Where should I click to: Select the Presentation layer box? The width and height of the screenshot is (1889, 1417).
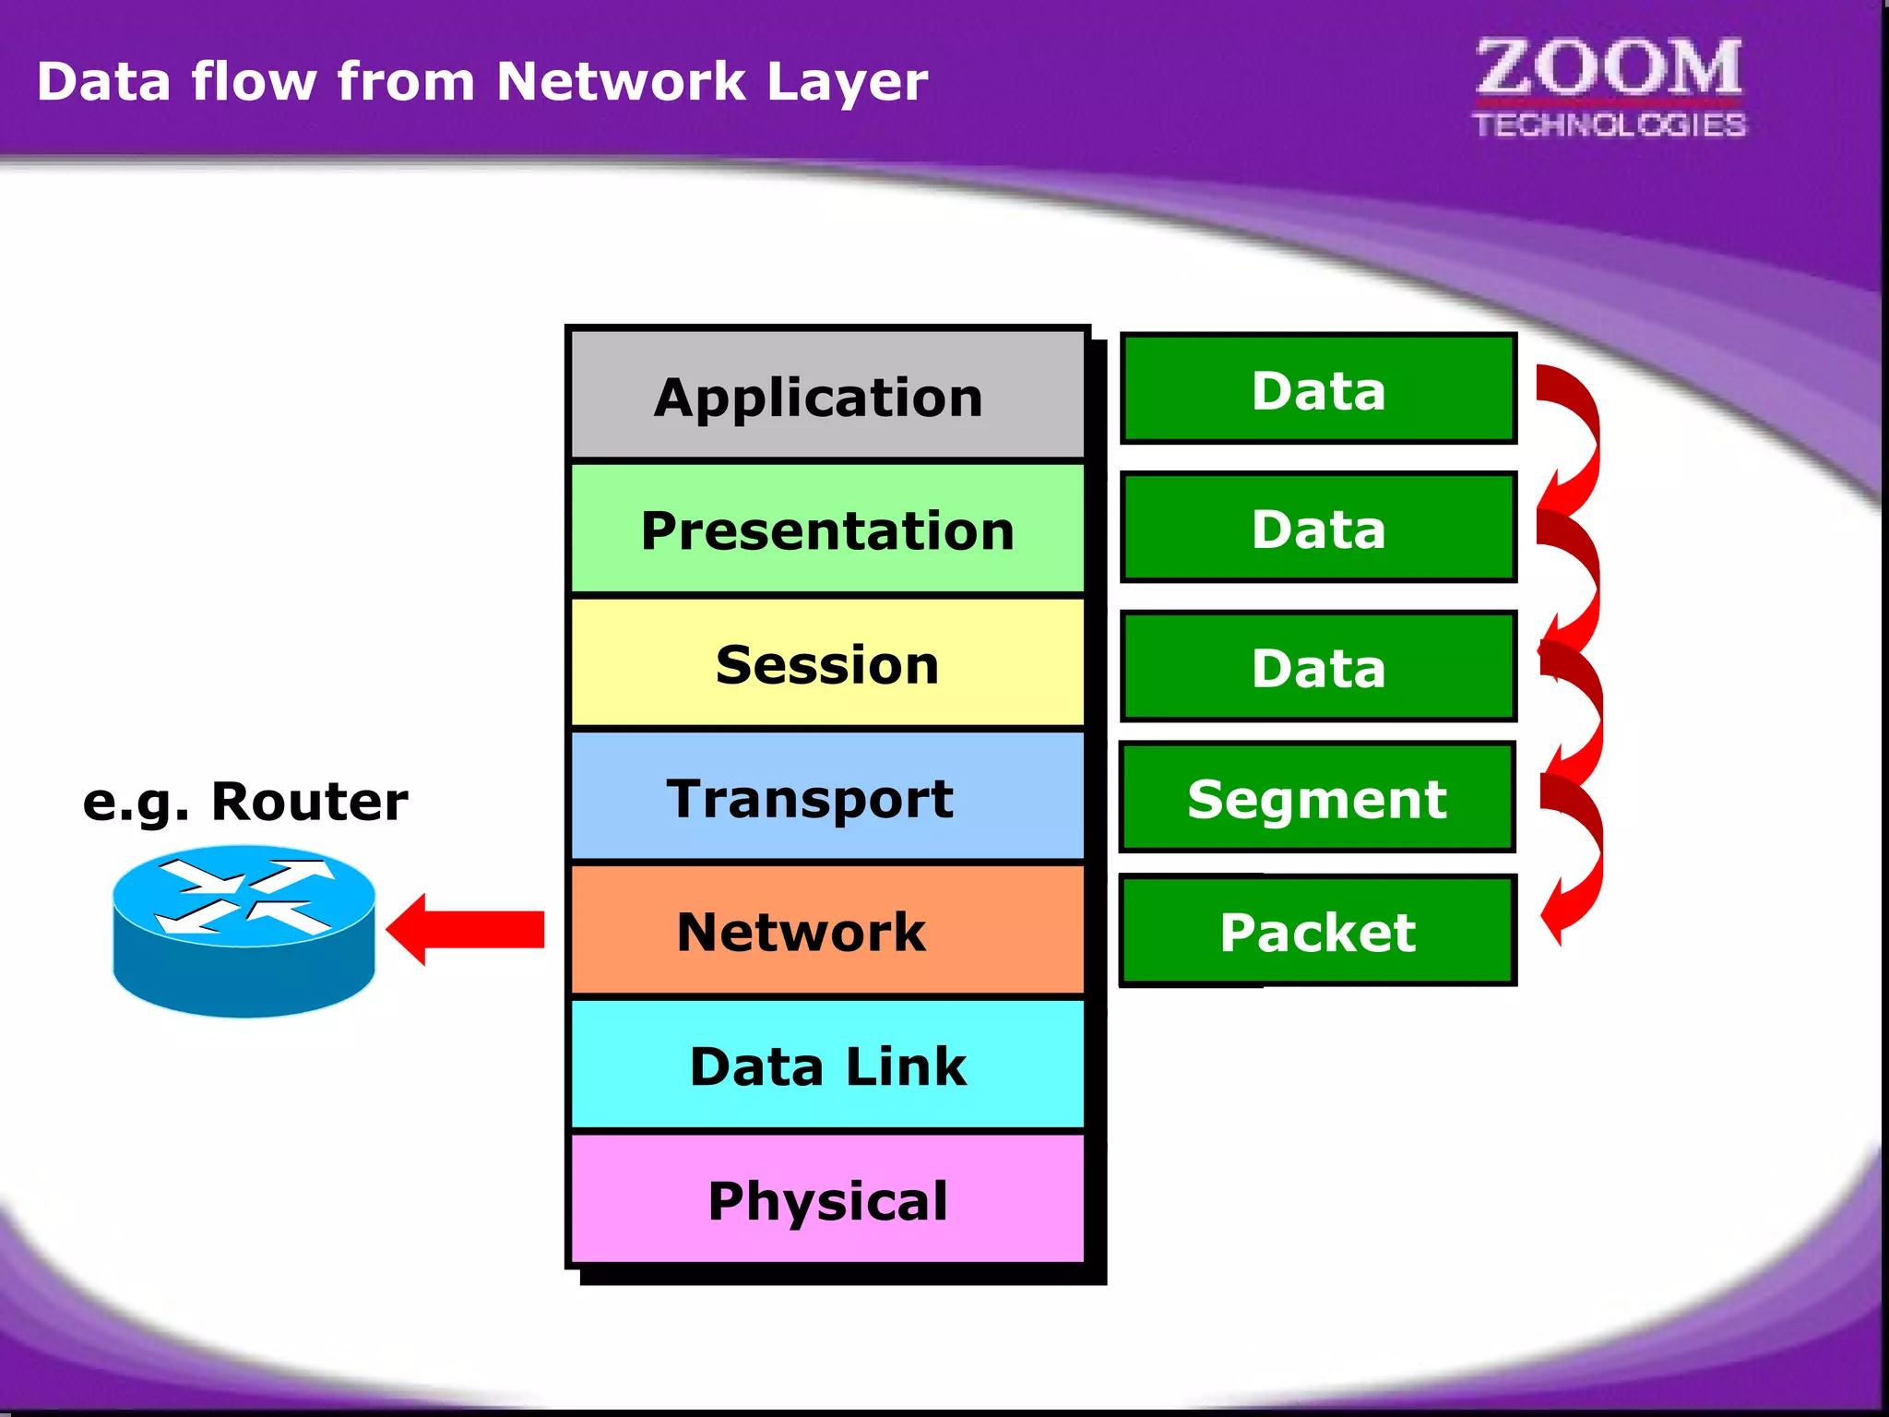(x=827, y=530)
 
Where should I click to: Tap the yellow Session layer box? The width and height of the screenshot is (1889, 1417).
(x=827, y=663)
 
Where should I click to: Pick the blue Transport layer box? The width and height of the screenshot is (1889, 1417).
(x=827, y=797)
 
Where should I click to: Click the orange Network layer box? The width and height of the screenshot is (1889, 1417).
(x=827, y=931)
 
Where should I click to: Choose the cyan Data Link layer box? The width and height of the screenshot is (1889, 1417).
(x=827, y=1066)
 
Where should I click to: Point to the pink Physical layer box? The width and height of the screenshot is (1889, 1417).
(x=827, y=1199)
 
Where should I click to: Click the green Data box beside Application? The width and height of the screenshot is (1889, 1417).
(x=1318, y=389)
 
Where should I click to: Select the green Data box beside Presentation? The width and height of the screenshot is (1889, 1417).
(x=1318, y=528)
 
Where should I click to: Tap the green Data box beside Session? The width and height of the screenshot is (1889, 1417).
(x=1318, y=666)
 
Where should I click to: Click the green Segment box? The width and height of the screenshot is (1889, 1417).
(x=1318, y=798)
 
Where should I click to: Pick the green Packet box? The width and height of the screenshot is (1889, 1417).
(x=1318, y=931)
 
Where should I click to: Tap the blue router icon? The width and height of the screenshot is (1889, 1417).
(x=244, y=932)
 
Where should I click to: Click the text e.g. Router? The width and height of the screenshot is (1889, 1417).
(x=245, y=801)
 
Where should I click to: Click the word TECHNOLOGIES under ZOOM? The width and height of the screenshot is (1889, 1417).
(x=1609, y=125)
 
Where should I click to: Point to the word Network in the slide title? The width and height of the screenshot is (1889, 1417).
(x=620, y=81)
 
